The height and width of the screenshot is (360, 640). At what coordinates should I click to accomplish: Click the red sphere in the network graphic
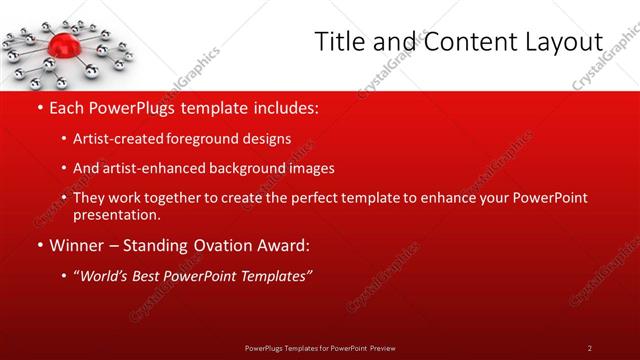(62, 43)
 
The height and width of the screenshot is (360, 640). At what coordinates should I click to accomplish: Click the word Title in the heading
(337, 42)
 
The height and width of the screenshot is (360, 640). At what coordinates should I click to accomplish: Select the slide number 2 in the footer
(590, 347)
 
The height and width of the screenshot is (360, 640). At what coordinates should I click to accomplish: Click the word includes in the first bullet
(284, 106)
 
